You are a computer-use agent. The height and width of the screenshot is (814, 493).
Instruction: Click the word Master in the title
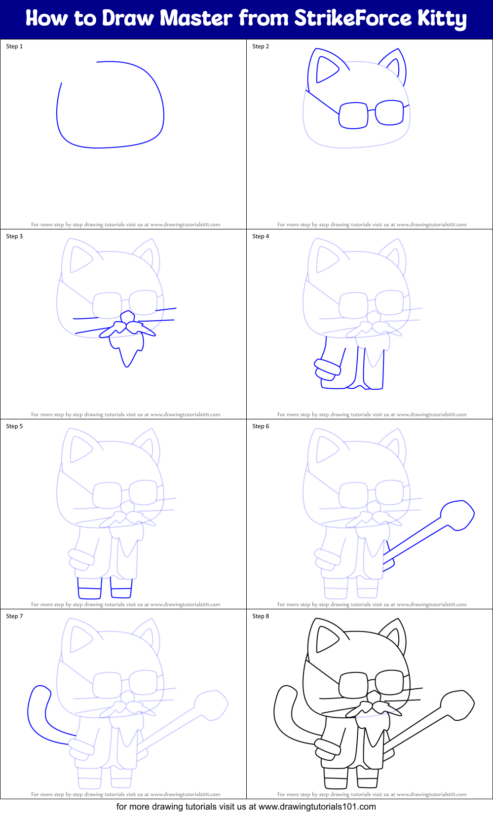196,18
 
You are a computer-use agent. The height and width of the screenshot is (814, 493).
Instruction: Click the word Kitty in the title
442,19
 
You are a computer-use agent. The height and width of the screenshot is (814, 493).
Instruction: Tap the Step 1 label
14,46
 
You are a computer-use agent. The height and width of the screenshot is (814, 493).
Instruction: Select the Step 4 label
261,236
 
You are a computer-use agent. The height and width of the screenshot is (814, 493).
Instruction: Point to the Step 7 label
14,616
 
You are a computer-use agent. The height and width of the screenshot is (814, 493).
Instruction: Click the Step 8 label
261,616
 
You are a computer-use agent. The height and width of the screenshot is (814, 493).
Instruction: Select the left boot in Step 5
89,588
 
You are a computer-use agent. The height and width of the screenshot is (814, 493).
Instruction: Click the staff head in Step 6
457,515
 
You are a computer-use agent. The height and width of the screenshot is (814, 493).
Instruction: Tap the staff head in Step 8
457,705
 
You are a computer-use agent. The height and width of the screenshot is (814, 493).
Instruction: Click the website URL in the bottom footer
317,807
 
